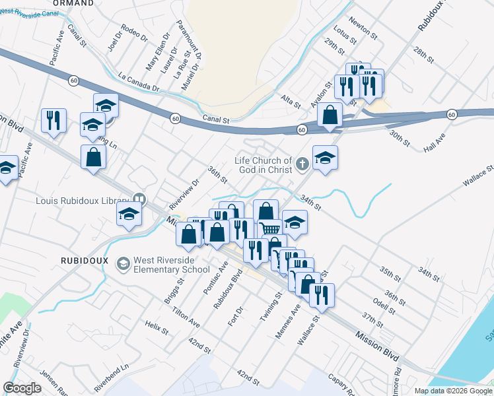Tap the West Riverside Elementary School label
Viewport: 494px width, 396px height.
[x=172, y=265]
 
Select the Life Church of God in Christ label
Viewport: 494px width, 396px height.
[x=264, y=165]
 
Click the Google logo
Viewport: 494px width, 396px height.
[x=22, y=387]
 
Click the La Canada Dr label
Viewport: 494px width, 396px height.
[x=139, y=82]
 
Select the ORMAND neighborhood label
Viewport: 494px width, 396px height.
[x=72, y=3]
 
